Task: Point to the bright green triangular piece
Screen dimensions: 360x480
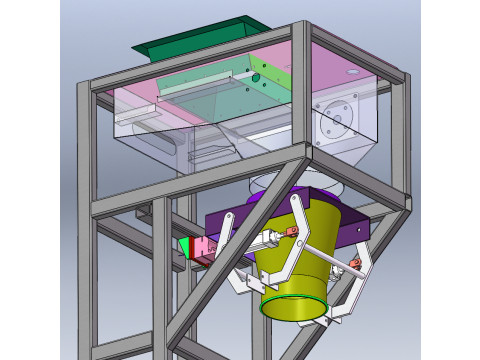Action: tap(184, 246)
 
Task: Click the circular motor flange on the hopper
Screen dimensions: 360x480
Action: tap(334, 120)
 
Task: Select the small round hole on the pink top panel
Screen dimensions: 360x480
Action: tap(351, 73)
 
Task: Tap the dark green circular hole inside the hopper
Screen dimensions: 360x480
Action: tap(256, 77)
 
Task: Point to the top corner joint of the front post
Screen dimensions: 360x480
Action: tap(300, 30)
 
